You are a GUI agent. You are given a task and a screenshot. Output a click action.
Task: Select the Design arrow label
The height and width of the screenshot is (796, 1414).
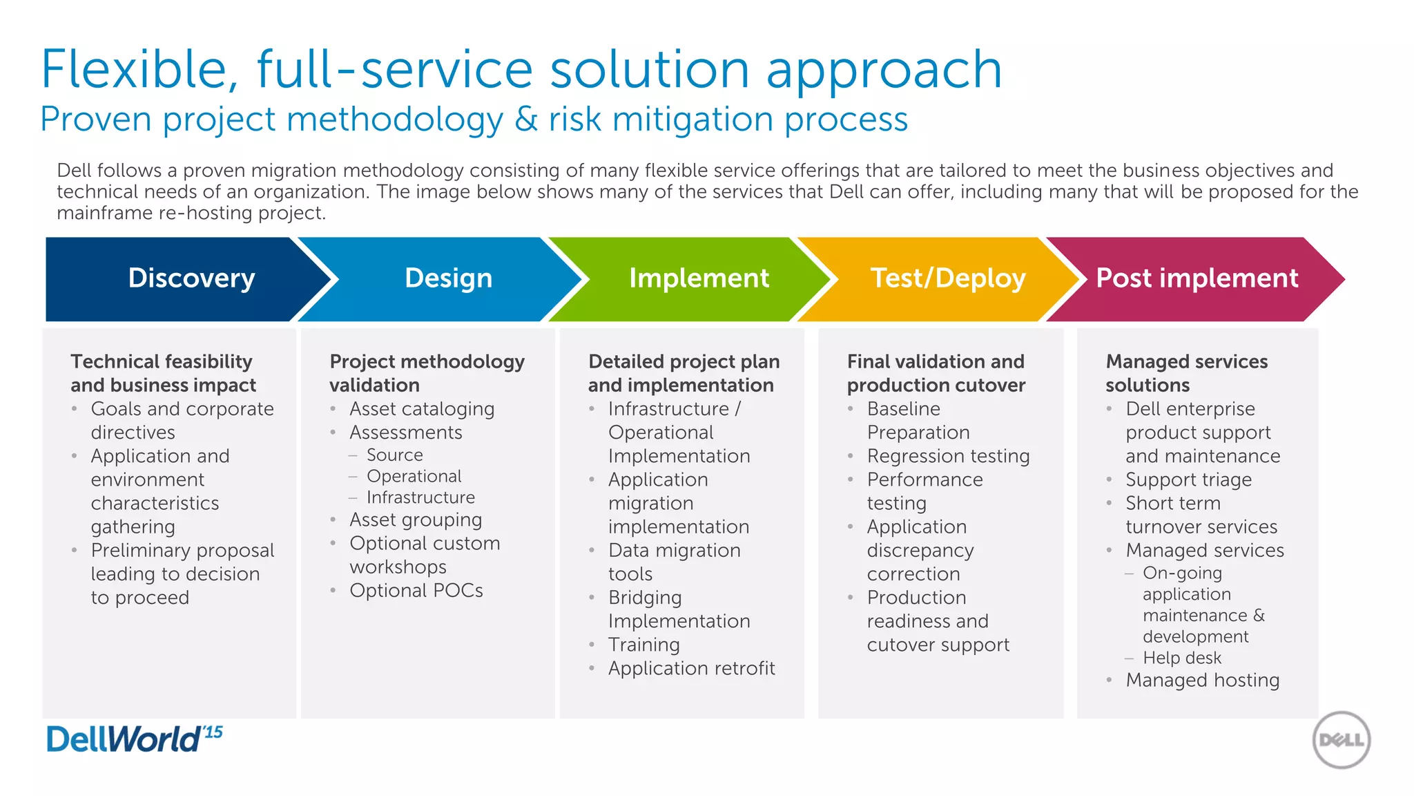[448, 278]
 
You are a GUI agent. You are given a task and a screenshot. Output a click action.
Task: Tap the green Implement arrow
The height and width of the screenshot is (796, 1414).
[698, 278]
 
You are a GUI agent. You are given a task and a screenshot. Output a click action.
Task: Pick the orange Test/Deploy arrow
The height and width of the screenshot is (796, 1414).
[947, 278]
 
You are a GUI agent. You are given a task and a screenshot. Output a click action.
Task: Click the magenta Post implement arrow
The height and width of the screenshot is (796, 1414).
[1197, 278]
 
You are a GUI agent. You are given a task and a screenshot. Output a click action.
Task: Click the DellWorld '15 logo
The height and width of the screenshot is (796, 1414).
[134, 739]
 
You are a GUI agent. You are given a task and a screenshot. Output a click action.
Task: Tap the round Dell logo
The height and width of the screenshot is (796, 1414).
[1341, 740]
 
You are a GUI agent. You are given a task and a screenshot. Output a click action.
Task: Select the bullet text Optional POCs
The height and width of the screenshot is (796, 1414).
[416, 591]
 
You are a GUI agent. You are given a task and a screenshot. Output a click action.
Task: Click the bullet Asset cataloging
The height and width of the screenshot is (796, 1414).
[421, 409]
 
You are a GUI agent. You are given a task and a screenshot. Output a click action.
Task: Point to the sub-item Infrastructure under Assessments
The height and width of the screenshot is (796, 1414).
[420, 497]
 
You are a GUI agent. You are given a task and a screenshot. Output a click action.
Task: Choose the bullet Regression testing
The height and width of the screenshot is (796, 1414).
[948, 456]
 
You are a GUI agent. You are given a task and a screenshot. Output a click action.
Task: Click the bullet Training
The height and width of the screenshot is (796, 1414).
[643, 645]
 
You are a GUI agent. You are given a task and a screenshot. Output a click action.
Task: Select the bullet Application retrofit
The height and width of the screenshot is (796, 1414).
[691, 669]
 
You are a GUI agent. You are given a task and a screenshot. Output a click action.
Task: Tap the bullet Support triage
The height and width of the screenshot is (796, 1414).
[1188, 480]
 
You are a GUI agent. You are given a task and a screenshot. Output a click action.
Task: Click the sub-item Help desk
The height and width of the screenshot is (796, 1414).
[1181, 658]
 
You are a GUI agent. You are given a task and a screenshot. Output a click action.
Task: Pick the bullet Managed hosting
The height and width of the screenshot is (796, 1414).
[1202, 681]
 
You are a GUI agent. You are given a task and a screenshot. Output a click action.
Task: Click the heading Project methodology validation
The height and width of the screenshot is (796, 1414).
[427, 373]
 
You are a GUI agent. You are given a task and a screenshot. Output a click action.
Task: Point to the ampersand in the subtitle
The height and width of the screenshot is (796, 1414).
[526, 120]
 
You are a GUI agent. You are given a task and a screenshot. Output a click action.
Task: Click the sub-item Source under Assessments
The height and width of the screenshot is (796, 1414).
[394, 455]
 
